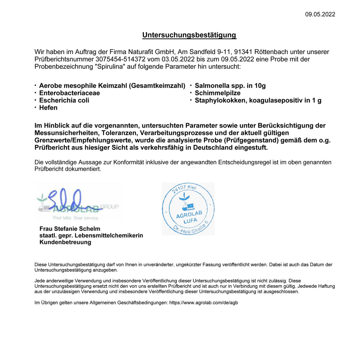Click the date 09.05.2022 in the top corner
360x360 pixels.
coord(320,14)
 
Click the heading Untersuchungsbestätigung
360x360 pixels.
coord(189,35)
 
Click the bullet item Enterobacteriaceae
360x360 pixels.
coord(69,93)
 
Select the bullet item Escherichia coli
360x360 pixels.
coord(64,100)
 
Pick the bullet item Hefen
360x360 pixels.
coord(48,108)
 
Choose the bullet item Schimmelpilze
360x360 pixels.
coord(217,93)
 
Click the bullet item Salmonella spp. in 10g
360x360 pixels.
coord(230,86)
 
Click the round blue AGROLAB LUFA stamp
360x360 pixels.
coord(188,209)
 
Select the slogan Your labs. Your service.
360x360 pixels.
coord(75,218)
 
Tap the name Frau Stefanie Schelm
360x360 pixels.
coord(70,229)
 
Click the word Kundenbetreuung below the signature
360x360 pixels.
coord(65,242)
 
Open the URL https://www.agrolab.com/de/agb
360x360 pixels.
coord(203,303)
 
